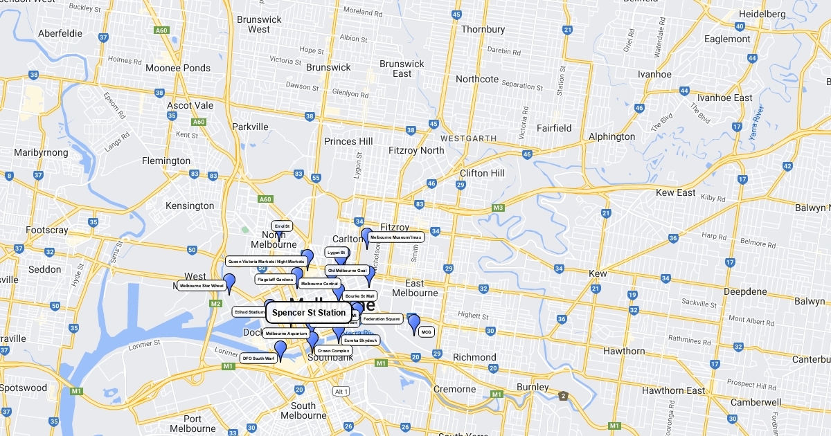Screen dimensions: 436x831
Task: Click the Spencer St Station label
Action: [308, 313]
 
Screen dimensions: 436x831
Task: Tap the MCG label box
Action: [426, 332]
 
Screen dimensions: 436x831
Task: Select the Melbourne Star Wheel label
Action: [202, 285]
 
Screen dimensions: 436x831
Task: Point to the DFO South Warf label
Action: [258, 358]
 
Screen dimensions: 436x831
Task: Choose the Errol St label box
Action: [282, 226]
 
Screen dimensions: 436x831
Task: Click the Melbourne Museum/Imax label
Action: [395, 237]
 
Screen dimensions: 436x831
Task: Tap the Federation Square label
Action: [382, 319]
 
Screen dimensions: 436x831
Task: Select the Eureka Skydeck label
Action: [360, 340]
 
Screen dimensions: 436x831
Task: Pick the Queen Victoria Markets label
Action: [266, 262]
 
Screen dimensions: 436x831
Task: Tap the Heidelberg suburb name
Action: [762, 14]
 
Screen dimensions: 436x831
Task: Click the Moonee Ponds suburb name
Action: [178, 68]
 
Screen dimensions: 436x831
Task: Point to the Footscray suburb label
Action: [47, 230]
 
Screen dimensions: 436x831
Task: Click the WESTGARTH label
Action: [469, 138]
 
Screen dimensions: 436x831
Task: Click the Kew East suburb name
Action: [676, 192]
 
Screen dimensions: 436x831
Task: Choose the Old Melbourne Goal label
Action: [347, 270]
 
